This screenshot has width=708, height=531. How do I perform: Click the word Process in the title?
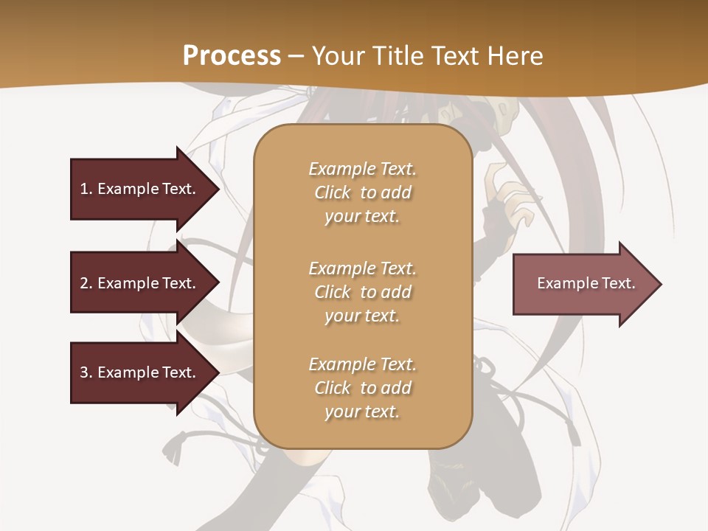click(x=232, y=55)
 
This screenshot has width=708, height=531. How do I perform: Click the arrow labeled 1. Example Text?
click(x=140, y=189)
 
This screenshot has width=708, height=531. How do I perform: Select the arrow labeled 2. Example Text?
click(x=140, y=283)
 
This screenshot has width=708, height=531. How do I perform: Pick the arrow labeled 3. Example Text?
click(x=140, y=372)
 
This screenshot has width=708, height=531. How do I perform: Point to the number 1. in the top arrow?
click(x=86, y=189)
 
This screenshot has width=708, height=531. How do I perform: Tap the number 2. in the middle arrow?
click(x=86, y=283)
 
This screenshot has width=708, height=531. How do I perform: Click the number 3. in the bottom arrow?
click(x=86, y=372)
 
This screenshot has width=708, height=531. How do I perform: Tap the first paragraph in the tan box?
click(x=362, y=192)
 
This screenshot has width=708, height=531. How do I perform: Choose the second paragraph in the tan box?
click(x=362, y=292)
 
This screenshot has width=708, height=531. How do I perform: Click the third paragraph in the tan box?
click(x=362, y=388)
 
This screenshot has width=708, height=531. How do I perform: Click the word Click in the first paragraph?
click(x=332, y=192)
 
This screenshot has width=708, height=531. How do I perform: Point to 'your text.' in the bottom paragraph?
click(x=362, y=412)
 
